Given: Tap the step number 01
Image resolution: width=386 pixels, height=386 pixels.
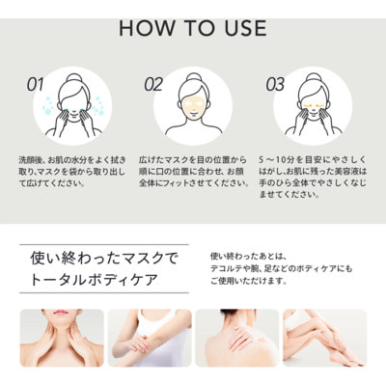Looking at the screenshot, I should [35, 84].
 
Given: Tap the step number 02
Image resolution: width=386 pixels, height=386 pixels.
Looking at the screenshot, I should [152, 84].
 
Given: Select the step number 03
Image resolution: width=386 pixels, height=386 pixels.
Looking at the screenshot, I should [275, 84].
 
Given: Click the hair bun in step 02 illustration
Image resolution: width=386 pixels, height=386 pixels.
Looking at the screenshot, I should [193, 75].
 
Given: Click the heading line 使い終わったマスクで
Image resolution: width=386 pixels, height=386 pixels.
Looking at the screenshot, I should [99, 259].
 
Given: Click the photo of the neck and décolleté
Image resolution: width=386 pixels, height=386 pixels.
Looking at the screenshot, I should [61, 338].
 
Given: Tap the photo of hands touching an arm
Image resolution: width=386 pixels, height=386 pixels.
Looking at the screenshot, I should [149, 338].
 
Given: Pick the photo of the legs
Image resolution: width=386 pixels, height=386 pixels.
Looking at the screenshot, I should [324, 338].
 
